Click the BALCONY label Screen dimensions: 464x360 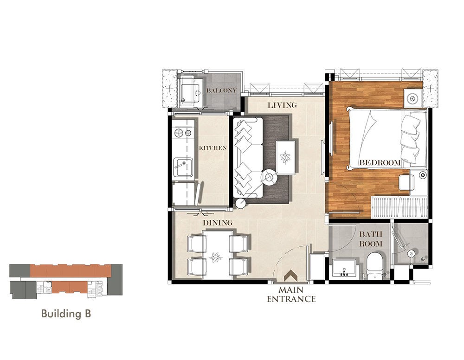[x=221, y=90]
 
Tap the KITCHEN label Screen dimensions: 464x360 [x=213, y=148]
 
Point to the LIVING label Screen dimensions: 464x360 [x=282, y=105]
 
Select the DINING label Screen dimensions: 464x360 [x=218, y=223]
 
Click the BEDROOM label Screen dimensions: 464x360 [x=380, y=163]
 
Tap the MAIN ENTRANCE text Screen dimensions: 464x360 [x=291, y=294]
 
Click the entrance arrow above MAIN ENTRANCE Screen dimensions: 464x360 [x=291, y=276]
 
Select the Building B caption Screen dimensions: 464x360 [x=66, y=314]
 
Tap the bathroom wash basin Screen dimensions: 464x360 [x=344, y=268]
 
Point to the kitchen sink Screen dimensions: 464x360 [x=183, y=167]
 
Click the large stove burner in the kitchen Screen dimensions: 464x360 [x=179, y=133]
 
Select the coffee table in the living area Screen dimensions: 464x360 [x=285, y=157]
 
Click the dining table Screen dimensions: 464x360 [x=218, y=255]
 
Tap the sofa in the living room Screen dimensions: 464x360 [x=248, y=158]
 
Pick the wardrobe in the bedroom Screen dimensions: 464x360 [x=400, y=207]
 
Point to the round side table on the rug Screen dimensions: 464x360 [x=269, y=178]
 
